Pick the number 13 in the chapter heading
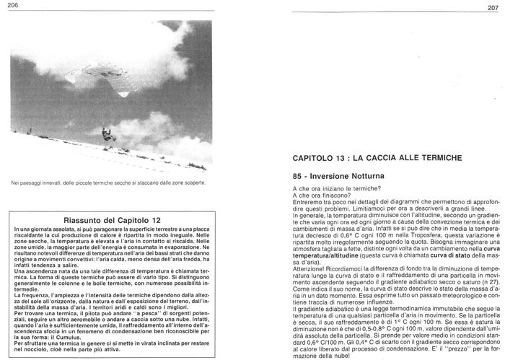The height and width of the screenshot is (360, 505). point(348,157)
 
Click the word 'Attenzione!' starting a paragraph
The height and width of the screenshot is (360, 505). point(307,268)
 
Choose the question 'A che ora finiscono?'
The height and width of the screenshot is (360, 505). point(320,194)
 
